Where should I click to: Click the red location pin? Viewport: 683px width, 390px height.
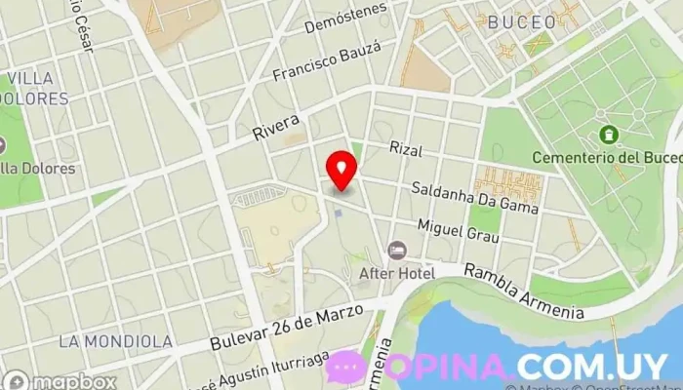(x=341, y=170)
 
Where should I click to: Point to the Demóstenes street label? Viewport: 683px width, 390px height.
(x=345, y=19)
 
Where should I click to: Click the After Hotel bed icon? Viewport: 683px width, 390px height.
(x=397, y=252)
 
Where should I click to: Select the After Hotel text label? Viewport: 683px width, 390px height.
(x=397, y=273)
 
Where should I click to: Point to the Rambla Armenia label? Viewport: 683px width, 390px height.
(x=524, y=292)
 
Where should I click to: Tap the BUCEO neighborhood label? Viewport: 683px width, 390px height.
(x=521, y=21)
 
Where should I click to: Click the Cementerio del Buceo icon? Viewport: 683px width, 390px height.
(x=610, y=134)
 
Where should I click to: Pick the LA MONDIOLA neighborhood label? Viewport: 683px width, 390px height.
(x=115, y=341)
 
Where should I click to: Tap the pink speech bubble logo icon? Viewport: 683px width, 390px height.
(x=345, y=367)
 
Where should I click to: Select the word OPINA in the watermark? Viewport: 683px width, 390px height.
(x=449, y=367)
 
